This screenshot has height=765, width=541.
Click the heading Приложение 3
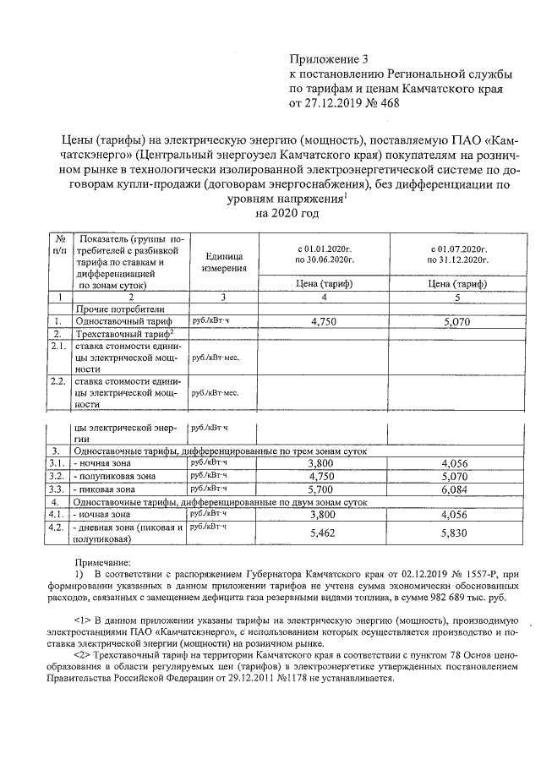[x=330, y=59]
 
